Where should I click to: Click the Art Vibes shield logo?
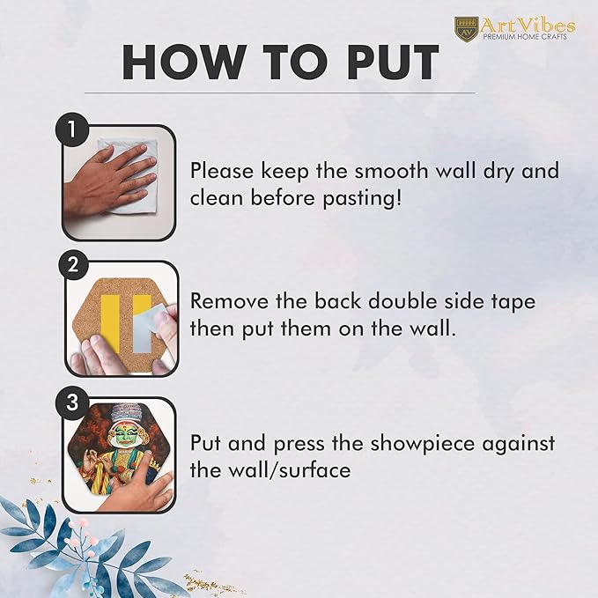[x=467, y=28]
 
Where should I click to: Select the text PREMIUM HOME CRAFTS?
[x=525, y=37]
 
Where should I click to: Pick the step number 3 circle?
[x=71, y=402]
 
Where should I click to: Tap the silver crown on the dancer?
[x=122, y=414]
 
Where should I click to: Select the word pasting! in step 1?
[x=362, y=198]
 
